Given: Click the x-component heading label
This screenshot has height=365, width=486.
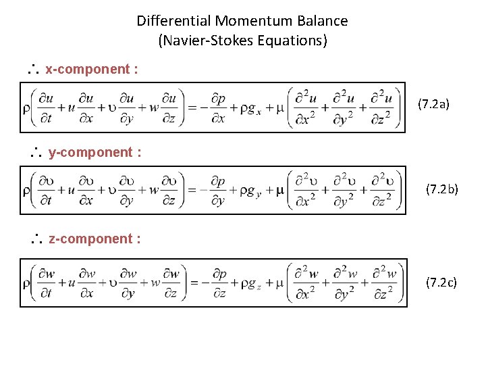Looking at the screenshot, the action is click(87, 69).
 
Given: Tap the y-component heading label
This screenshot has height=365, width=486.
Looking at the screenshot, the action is click(94, 152).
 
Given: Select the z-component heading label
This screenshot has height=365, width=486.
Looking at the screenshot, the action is click(94, 239).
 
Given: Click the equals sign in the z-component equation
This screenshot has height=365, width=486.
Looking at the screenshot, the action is click(192, 284).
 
